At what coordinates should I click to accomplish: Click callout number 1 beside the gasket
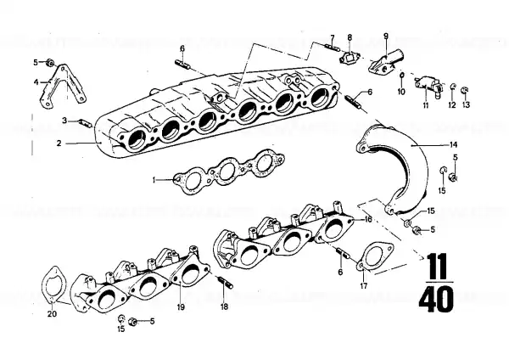click(x=155, y=179)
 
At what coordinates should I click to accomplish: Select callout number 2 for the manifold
click(x=59, y=143)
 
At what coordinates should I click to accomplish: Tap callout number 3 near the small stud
click(x=64, y=121)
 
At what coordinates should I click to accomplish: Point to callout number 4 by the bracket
click(x=36, y=82)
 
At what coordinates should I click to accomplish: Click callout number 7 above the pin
click(x=332, y=37)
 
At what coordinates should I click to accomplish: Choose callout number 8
click(x=350, y=37)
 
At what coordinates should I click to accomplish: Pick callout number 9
click(x=386, y=36)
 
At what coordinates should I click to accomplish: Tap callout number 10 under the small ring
click(x=401, y=92)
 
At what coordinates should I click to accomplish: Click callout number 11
click(x=426, y=105)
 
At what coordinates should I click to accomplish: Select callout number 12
click(x=452, y=105)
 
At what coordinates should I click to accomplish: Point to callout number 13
click(x=466, y=105)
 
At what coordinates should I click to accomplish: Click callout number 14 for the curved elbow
click(x=453, y=144)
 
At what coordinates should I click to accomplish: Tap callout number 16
click(x=368, y=220)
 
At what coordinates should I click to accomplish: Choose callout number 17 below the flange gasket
click(x=364, y=286)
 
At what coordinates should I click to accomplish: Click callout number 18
click(x=224, y=307)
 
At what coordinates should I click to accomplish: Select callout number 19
click(x=181, y=307)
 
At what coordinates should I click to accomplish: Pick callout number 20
click(x=53, y=314)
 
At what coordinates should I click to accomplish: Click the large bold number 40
click(x=436, y=300)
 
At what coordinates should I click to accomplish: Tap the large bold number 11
click(x=437, y=265)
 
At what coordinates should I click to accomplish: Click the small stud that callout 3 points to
click(x=86, y=124)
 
